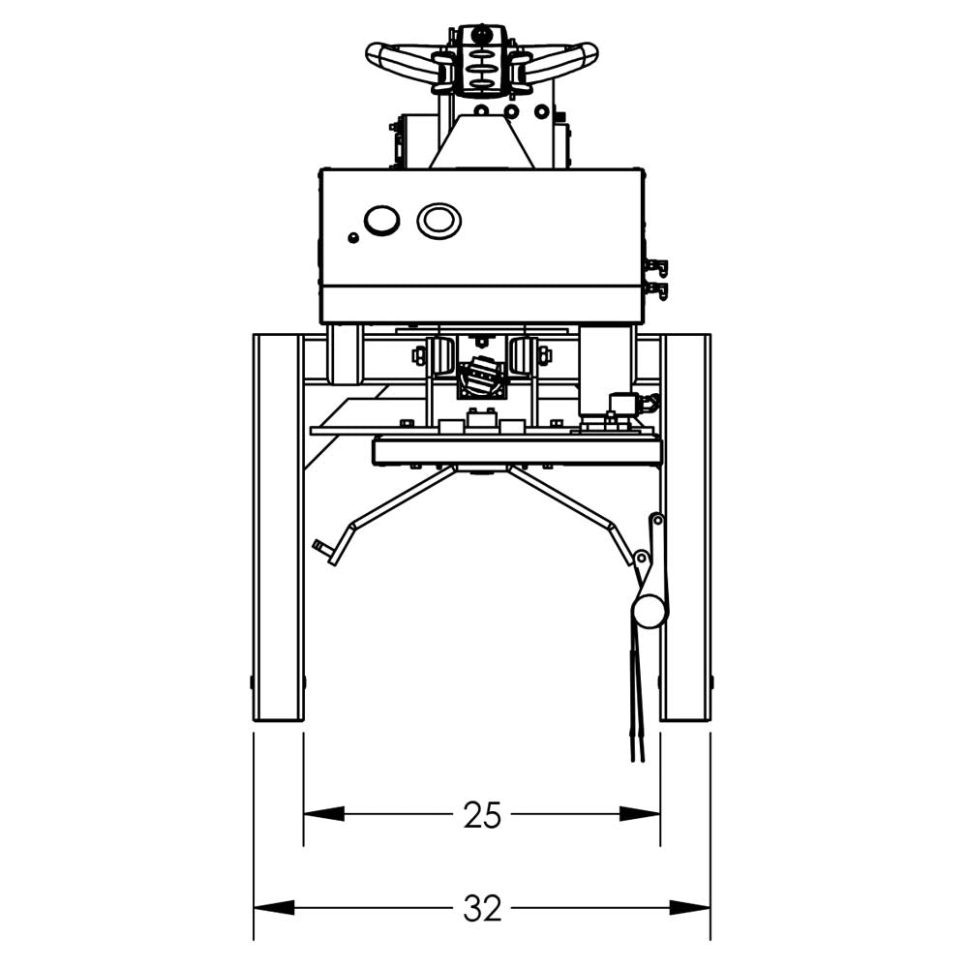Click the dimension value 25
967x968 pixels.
(x=482, y=816)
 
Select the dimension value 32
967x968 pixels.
(x=482, y=908)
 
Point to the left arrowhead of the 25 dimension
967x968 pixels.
(x=323, y=815)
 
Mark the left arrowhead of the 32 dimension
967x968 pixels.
(x=274, y=908)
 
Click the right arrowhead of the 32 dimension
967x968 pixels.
(x=690, y=908)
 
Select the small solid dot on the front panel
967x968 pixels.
(x=353, y=237)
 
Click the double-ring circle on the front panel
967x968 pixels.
(x=438, y=221)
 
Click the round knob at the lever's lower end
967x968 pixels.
(x=649, y=610)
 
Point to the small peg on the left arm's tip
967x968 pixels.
(x=321, y=550)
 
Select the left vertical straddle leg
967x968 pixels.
(x=278, y=528)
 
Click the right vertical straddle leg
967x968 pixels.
(x=685, y=528)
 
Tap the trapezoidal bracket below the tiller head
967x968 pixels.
(x=481, y=140)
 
